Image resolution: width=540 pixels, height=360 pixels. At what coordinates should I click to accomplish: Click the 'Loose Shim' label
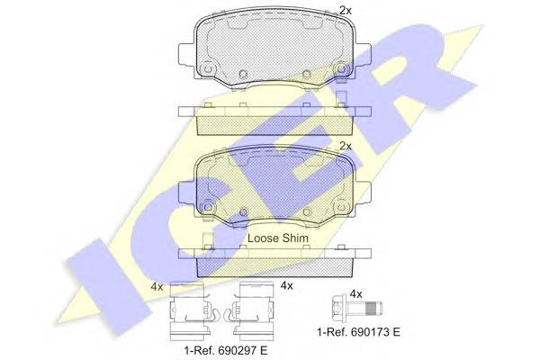tap(278, 238)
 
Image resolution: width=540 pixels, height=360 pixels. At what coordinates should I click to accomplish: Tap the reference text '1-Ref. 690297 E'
tap(226, 351)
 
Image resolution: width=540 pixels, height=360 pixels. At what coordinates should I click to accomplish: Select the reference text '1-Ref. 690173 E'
tap(358, 332)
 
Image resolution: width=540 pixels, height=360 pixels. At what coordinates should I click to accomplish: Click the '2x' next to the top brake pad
tap(346, 11)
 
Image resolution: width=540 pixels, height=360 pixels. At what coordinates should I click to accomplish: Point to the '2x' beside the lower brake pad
tap(346, 147)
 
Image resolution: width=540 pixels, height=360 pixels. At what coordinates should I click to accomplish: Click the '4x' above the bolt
tap(355, 294)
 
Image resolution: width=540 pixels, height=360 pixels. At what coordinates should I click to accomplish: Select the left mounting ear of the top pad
tap(187, 54)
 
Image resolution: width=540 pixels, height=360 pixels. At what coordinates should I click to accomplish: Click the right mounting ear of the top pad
tap(363, 54)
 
